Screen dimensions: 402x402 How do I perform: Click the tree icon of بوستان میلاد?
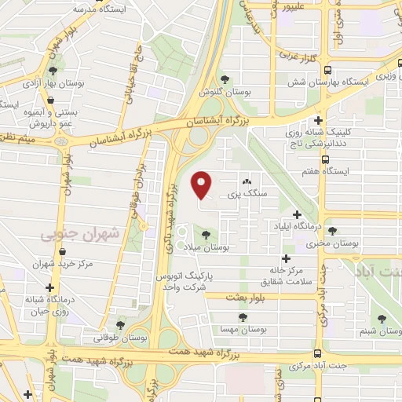[x=206, y=234]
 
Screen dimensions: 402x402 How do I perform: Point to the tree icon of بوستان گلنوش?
[x=225, y=79]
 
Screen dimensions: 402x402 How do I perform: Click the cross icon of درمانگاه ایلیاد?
[x=296, y=214]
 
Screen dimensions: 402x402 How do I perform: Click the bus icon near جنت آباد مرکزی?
[x=317, y=354]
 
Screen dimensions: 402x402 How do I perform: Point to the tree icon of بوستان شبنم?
[x=382, y=319]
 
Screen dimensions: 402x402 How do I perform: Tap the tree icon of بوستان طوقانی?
[x=120, y=323]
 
